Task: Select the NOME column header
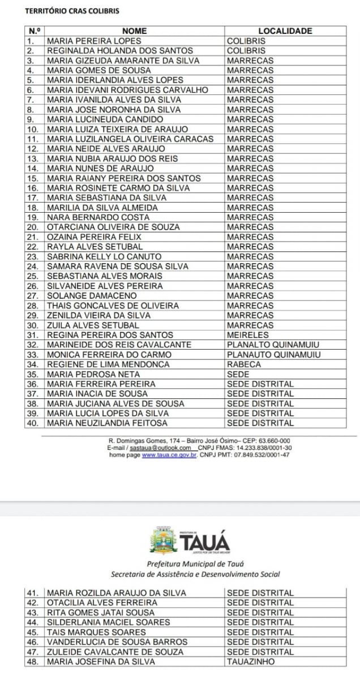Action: (x=134, y=31)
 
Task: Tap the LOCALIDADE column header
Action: (x=285, y=31)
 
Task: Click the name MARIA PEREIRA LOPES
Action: (x=94, y=41)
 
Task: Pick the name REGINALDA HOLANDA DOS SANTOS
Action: (x=120, y=51)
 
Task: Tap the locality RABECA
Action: (x=244, y=364)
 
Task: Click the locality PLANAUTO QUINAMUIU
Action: (x=274, y=355)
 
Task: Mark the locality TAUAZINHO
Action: (x=251, y=661)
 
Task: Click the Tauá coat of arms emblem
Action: (x=163, y=539)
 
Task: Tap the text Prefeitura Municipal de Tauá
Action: (x=195, y=564)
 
